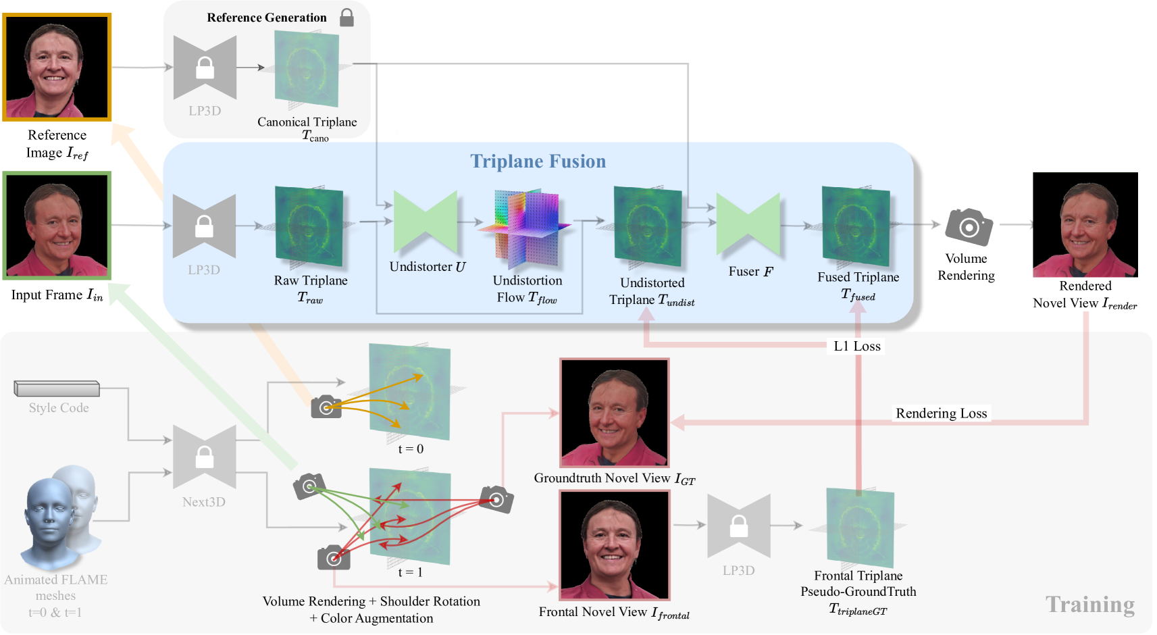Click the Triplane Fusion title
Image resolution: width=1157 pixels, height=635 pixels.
click(x=538, y=161)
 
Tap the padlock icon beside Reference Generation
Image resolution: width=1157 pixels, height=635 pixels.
click(x=346, y=18)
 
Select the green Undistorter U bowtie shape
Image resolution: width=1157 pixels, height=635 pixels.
click(x=426, y=222)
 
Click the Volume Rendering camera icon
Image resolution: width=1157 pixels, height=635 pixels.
click(x=969, y=227)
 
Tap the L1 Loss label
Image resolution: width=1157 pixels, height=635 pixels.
click(x=857, y=347)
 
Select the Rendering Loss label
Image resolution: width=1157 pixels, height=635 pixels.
click(x=941, y=413)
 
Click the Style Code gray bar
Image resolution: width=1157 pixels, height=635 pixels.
click(x=57, y=388)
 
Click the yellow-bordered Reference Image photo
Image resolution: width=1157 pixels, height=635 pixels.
click(x=57, y=67)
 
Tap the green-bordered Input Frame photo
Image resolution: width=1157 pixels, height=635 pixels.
click(x=57, y=225)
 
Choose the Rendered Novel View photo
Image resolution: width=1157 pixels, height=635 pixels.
click(x=1085, y=224)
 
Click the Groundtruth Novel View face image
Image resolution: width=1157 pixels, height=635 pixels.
click(x=614, y=413)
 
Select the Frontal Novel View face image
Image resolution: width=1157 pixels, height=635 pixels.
click(x=614, y=544)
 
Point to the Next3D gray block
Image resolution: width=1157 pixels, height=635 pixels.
click(x=205, y=457)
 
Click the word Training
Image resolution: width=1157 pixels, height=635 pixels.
click(x=1089, y=605)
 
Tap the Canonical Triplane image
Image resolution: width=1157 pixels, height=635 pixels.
click(x=307, y=68)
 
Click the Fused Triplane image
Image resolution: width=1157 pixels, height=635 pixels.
click(x=856, y=227)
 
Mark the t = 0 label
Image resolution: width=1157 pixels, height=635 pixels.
click(x=411, y=449)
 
